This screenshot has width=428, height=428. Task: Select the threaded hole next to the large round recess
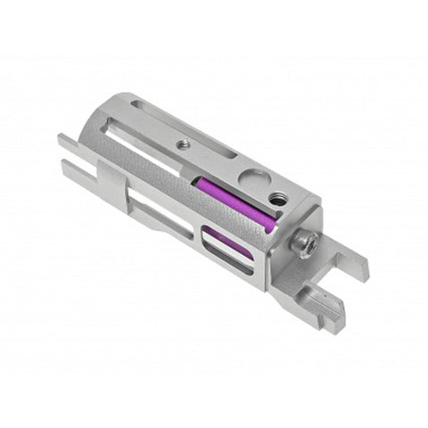pyautogui.click(x=278, y=200)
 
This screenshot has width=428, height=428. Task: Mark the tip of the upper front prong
pyautogui.click(x=63, y=140)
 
